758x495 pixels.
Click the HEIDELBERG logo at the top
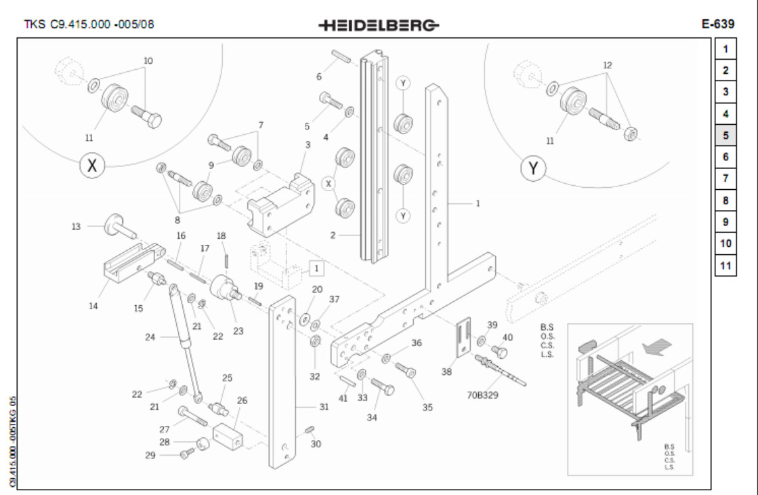tap(379, 25)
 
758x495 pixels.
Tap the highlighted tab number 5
tap(725, 135)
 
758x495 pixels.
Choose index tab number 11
tap(725, 265)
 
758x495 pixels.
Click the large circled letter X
tap(93, 165)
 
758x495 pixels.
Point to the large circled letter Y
tap(533, 168)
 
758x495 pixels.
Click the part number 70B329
tap(482, 395)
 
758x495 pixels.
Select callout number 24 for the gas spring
tap(151, 336)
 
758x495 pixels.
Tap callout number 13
tap(77, 226)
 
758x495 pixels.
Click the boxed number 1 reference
tap(315, 269)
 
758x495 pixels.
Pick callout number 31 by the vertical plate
tap(324, 407)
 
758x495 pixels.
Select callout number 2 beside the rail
tap(333, 235)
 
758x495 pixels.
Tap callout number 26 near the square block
tap(242, 400)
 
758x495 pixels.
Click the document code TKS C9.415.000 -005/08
tap(89, 24)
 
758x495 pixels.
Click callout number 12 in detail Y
tap(607, 65)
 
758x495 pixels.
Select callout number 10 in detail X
tap(148, 61)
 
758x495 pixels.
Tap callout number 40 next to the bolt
tap(507, 337)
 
